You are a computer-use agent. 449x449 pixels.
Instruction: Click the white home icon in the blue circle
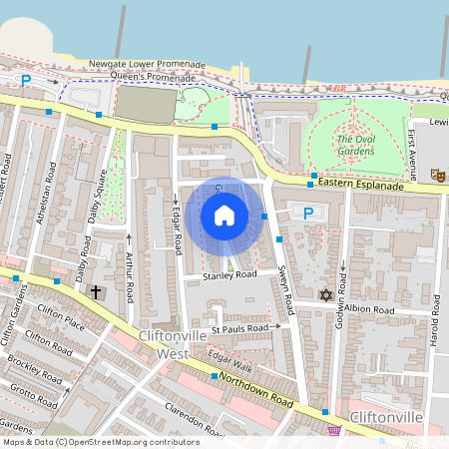224,216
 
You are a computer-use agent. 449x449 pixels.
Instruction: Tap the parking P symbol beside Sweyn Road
308,213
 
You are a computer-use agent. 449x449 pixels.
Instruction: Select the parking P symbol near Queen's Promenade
27,80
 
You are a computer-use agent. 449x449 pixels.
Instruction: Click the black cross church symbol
96,291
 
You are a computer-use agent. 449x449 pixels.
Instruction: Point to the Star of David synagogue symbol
324,294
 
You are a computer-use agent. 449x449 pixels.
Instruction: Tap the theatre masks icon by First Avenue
436,174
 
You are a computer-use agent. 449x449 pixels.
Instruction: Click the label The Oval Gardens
355,146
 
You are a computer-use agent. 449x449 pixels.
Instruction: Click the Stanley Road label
229,274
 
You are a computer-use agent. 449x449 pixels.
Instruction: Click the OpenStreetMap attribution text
100,442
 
